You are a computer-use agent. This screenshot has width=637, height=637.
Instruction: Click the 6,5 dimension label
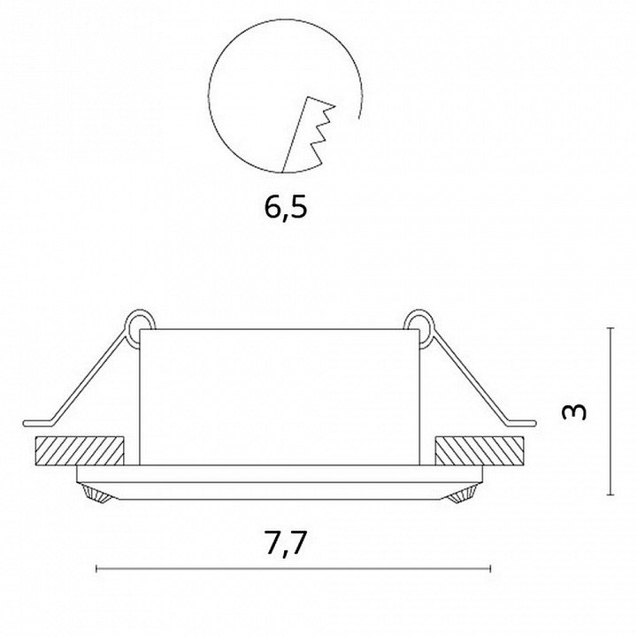(286, 207)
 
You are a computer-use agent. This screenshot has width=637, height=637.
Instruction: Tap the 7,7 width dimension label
(285, 542)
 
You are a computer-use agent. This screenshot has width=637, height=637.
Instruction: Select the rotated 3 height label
(573, 412)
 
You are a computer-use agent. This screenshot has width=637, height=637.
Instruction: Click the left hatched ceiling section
(80, 450)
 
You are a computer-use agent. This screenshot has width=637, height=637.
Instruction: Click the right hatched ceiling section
(479, 450)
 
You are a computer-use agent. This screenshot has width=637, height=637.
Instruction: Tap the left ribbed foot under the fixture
(96, 493)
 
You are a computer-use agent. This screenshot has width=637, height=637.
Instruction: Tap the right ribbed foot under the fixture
(462, 493)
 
